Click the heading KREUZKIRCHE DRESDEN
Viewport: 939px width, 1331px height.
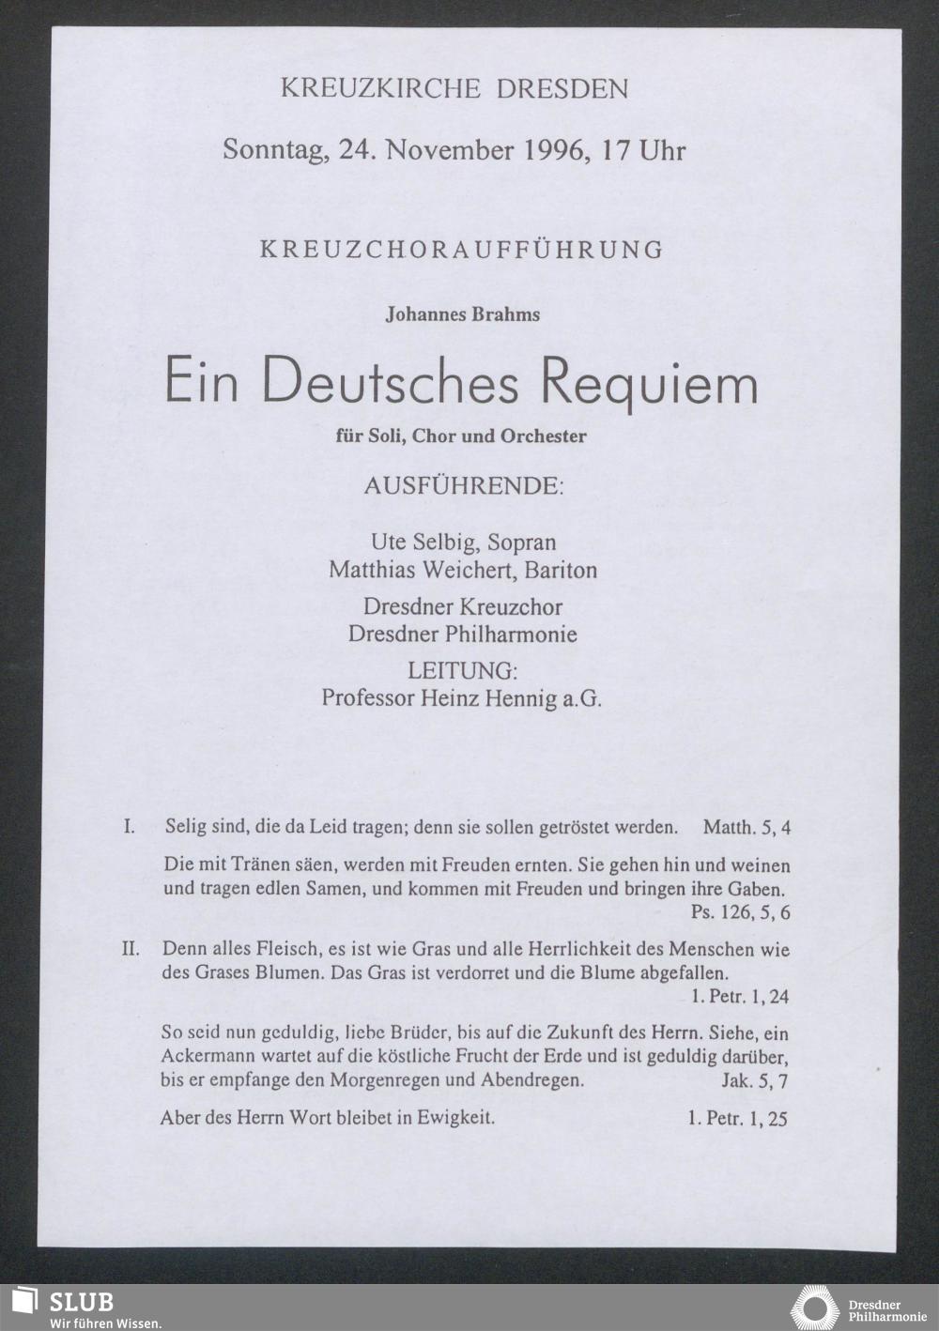pyautogui.click(x=454, y=89)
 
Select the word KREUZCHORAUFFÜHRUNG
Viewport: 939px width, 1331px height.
pyautogui.click(x=461, y=250)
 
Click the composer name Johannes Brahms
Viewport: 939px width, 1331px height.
pyautogui.click(x=463, y=314)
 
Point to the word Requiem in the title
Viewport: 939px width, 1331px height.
pyautogui.click(x=648, y=382)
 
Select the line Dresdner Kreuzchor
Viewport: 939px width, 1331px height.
pyautogui.click(x=463, y=606)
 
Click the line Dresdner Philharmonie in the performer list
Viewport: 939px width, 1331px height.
pyautogui.click(x=462, y=634)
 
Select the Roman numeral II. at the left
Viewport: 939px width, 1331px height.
pyautogui.click(x=131, y=949)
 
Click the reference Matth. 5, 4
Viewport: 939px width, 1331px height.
pyautogui.click(x=747, y=828)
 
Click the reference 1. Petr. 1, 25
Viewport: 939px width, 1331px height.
pyautogui.click(x=737, y=1118)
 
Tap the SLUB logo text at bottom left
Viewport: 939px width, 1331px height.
pyautogui.click(x=81, y=1302)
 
